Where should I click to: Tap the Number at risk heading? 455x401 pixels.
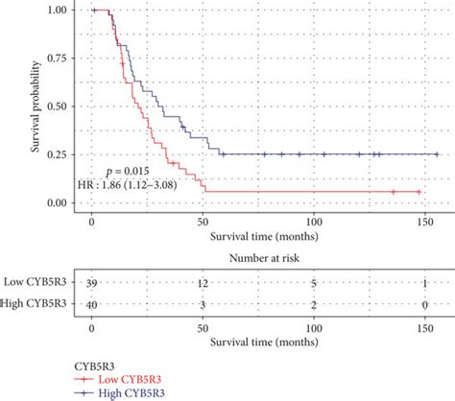tap(265, 257)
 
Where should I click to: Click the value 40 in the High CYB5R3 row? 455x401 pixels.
tap(92, 304)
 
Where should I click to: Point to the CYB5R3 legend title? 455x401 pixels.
tap(98, 366)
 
